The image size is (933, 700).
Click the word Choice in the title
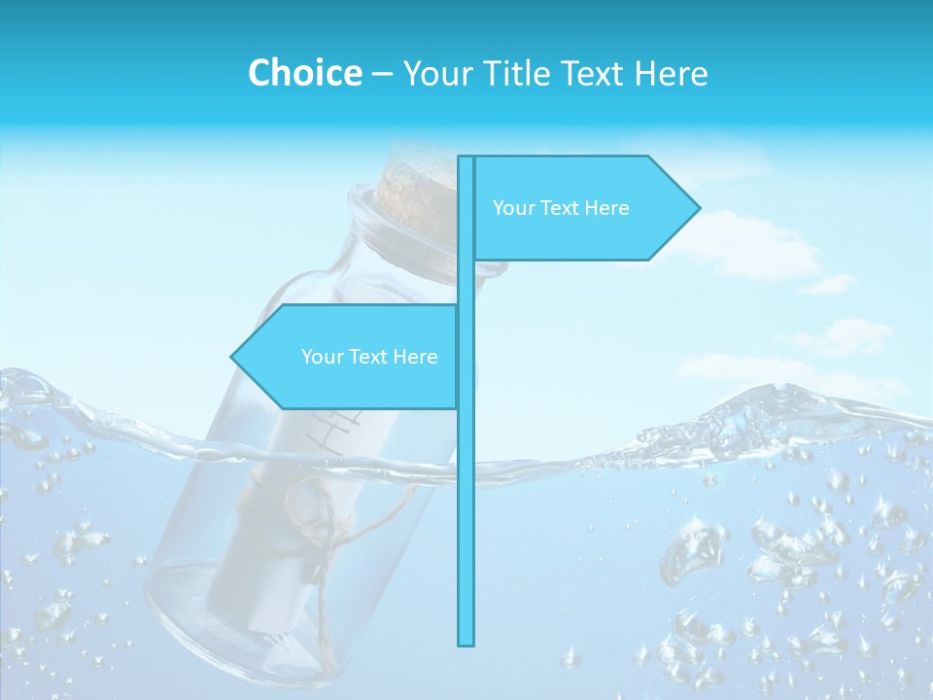tap(304, 73)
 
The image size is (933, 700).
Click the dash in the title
tap(382, 74)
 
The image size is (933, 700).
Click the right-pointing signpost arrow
tap(583, 207)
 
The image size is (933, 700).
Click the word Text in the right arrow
tap(561, 208)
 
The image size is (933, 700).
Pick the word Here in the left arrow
tap(415, 357)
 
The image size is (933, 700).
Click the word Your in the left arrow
tap(322, 357)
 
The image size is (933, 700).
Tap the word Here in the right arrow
tap(607, 208)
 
